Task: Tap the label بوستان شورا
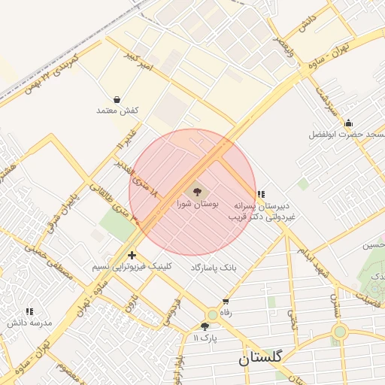(197, 204)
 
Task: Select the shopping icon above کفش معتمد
(117, 99)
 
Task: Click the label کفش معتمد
(118, 111)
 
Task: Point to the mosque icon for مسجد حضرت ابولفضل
(347, 123)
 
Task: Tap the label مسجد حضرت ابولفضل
(347, 135)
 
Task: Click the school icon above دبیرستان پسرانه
(260, 194)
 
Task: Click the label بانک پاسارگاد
(218, 268)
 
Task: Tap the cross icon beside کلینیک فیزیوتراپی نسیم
(132, 256)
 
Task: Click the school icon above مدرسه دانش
(30, 311)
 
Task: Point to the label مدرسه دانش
(30, 322)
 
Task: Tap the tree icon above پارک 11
(205, 326)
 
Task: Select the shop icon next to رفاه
(226, 302)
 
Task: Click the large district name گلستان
(260, 359)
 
